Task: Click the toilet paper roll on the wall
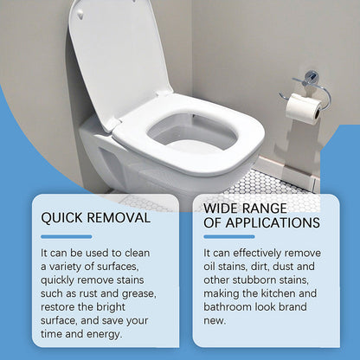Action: click(x=304, y=107)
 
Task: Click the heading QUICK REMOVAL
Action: click(x=95, y=218)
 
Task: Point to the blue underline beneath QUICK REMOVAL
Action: click(x=66, y=236)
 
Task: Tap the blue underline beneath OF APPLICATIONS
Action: click(x=228, y=236)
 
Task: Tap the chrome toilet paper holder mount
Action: click(x=311, y=79)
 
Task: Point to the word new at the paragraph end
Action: click(x=215, y=321)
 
